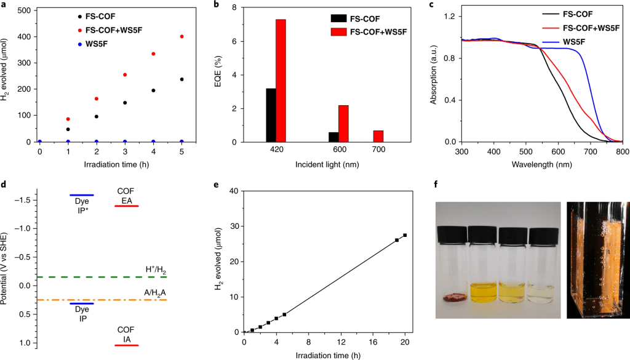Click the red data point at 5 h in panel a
click(x=181, y=36)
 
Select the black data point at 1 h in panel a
click(x=68, y=129)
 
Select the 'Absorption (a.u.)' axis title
click(x=435, y=77)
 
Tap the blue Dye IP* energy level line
click(x=82, y=194)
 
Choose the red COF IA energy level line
click(x=127, y=346)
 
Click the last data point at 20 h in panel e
click(x=405, y=235)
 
